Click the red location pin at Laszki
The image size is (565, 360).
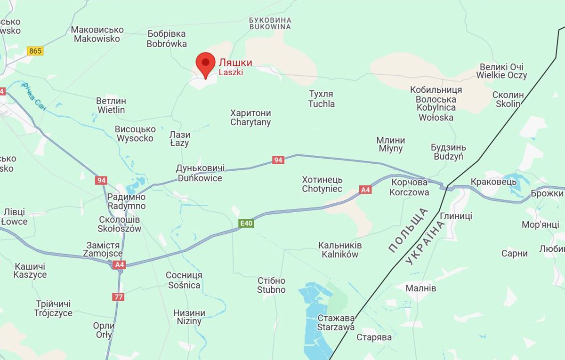tap(205, 64)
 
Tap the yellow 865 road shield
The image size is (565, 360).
tap(35, 51)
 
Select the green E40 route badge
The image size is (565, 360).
tap(246, 223)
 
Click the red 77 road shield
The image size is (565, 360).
tap(118, 297)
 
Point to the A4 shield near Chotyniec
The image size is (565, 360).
tap(365, 190)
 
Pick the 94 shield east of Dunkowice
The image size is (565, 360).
tap(278, 160)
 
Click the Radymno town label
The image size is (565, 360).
tap(126, 201)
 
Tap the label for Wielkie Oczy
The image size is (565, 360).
tap(501, 71)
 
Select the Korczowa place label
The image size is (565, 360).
tap(409, 187)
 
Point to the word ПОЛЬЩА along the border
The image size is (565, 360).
tap(408, 230)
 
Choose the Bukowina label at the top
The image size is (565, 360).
tap(270, 24)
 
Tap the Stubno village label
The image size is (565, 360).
tap(271, 285)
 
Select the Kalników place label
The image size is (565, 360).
tap(340, 250)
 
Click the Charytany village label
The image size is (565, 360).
tap(250, 118)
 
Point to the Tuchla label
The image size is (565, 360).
tap(322, 99)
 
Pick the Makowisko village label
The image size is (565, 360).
tap(97, 34)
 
